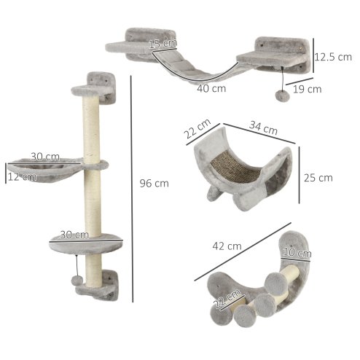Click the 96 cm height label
pos(153,184)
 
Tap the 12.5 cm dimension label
pos(334,56)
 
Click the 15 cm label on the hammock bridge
pos(163,44)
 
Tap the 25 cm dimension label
pos(318,177)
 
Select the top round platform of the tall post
pos(86,90)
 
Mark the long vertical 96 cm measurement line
pos(132,189)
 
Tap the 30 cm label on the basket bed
pos(45,157)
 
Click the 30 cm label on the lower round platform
pos(75,235)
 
